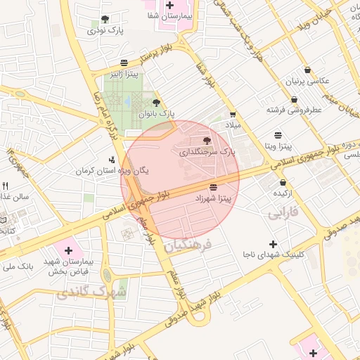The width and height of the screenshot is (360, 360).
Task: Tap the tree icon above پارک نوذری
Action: click(x=105, y=19)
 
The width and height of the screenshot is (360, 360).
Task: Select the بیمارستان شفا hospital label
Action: click(x=169, y=15)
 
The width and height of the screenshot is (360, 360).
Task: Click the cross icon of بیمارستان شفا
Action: click(x=169, y=4)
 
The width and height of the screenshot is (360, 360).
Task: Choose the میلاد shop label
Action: click(x=232, y=124)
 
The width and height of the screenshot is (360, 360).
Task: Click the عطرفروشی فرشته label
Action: click(x=294, y=110)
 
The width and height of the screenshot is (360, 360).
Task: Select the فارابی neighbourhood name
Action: click(x=283, y=211)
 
